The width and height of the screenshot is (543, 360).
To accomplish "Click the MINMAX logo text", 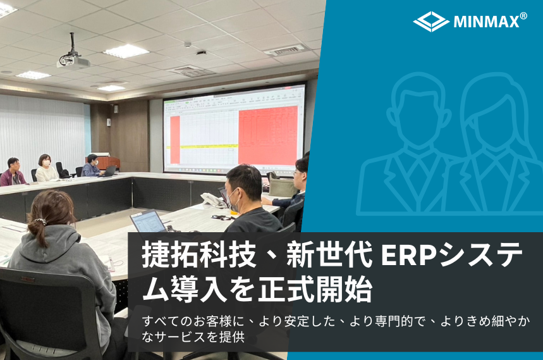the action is [x=487, y=22].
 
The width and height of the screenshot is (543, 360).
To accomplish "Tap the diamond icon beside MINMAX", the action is [x=431, y=22].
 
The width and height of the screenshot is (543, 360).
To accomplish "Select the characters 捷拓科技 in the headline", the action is [x=199, y=256].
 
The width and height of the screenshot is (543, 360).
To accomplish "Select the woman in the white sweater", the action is [x=46, y=168].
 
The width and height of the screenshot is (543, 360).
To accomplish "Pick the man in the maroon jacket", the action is [x=13, y=172].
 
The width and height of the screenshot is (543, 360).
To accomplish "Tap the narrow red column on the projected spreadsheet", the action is [x=175, y=139].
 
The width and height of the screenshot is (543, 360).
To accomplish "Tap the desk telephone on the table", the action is [x=212, y=200].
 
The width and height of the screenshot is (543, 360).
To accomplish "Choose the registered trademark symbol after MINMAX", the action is [x=523, y=16].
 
